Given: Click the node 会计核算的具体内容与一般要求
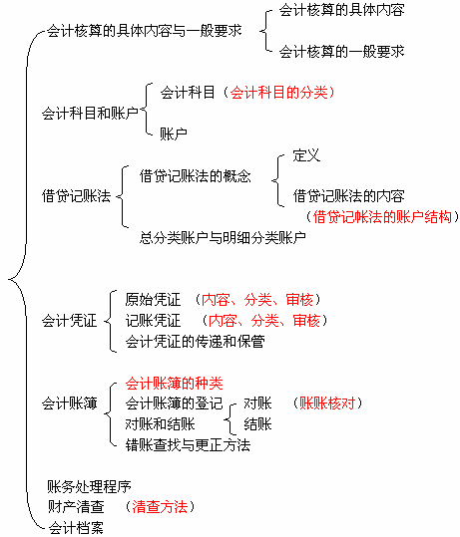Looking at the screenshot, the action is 144,31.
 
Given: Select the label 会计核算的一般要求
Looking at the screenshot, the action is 341,52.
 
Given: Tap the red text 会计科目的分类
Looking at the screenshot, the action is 278,93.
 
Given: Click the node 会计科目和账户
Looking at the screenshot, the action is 90,113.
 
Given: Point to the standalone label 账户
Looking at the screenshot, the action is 174,134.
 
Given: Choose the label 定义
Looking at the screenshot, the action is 306,155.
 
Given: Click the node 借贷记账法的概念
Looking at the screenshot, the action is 196,176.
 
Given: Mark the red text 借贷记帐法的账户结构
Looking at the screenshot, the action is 382,217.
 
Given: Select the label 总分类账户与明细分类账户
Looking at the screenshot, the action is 223,237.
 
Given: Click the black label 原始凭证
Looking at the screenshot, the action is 153,299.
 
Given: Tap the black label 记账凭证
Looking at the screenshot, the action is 153,321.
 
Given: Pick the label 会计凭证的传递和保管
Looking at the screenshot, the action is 195,342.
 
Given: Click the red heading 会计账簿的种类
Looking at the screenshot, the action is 175,384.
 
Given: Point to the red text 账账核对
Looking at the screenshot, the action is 327,403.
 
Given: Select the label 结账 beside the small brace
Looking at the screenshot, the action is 258,424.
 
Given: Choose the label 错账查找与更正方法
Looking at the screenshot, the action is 188,445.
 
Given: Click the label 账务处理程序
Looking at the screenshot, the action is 89,486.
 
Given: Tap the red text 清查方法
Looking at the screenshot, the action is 160,506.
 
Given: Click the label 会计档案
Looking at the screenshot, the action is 76,527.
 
